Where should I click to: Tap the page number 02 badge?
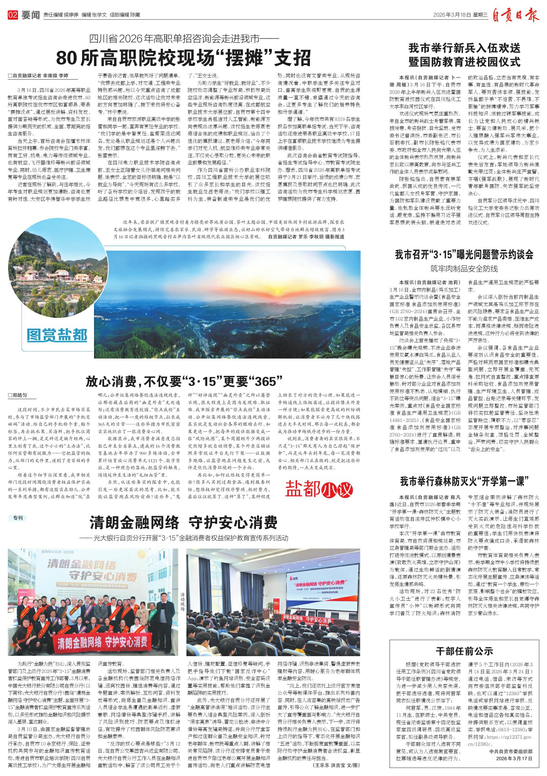click(x=13, y=15)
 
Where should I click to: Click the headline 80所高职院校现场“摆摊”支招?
click(x=184, y=58)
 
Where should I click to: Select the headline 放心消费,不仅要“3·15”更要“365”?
click(x=184, y=382)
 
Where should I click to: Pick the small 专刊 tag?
click(x=18, y=518)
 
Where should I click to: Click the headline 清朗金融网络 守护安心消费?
click(x=184, y=522)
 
